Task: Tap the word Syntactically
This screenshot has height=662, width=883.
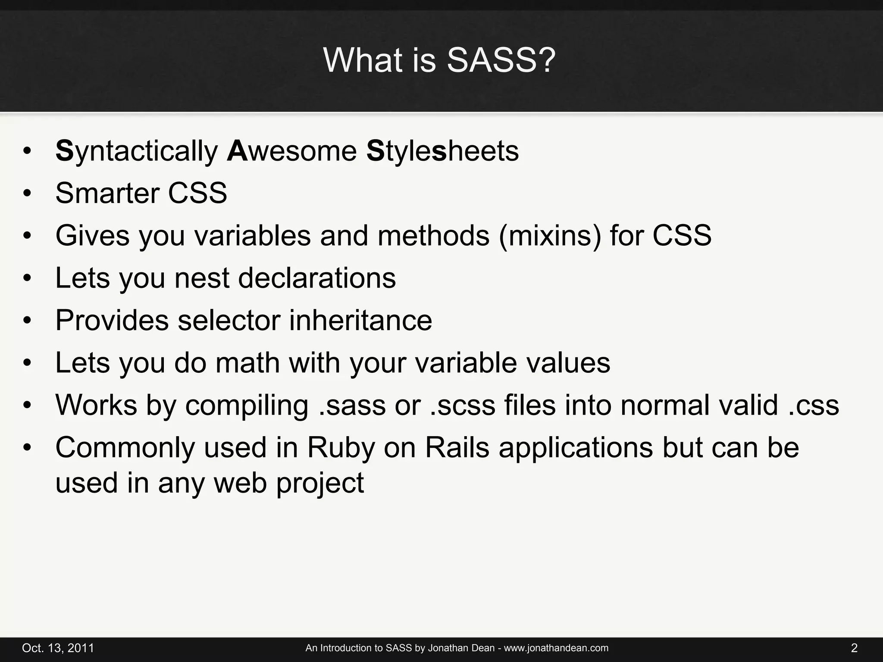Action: (137, 152)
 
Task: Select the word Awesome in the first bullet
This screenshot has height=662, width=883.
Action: (291, 152)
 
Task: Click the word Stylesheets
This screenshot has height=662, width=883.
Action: (442, 152)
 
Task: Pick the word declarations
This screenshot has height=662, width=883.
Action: (317, 278)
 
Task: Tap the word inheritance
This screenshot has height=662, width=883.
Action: (360, 320)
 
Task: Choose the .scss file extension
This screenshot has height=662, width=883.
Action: (463, 406)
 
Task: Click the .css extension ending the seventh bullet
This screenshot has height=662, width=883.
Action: (814, 406)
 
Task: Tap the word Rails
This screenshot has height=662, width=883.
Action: (457, 448)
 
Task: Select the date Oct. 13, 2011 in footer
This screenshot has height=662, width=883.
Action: (58, 648)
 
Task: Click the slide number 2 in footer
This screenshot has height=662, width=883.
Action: (854, 648)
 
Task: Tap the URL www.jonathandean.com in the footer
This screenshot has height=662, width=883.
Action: (556, 648)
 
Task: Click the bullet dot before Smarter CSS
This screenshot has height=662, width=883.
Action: (28, 194)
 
